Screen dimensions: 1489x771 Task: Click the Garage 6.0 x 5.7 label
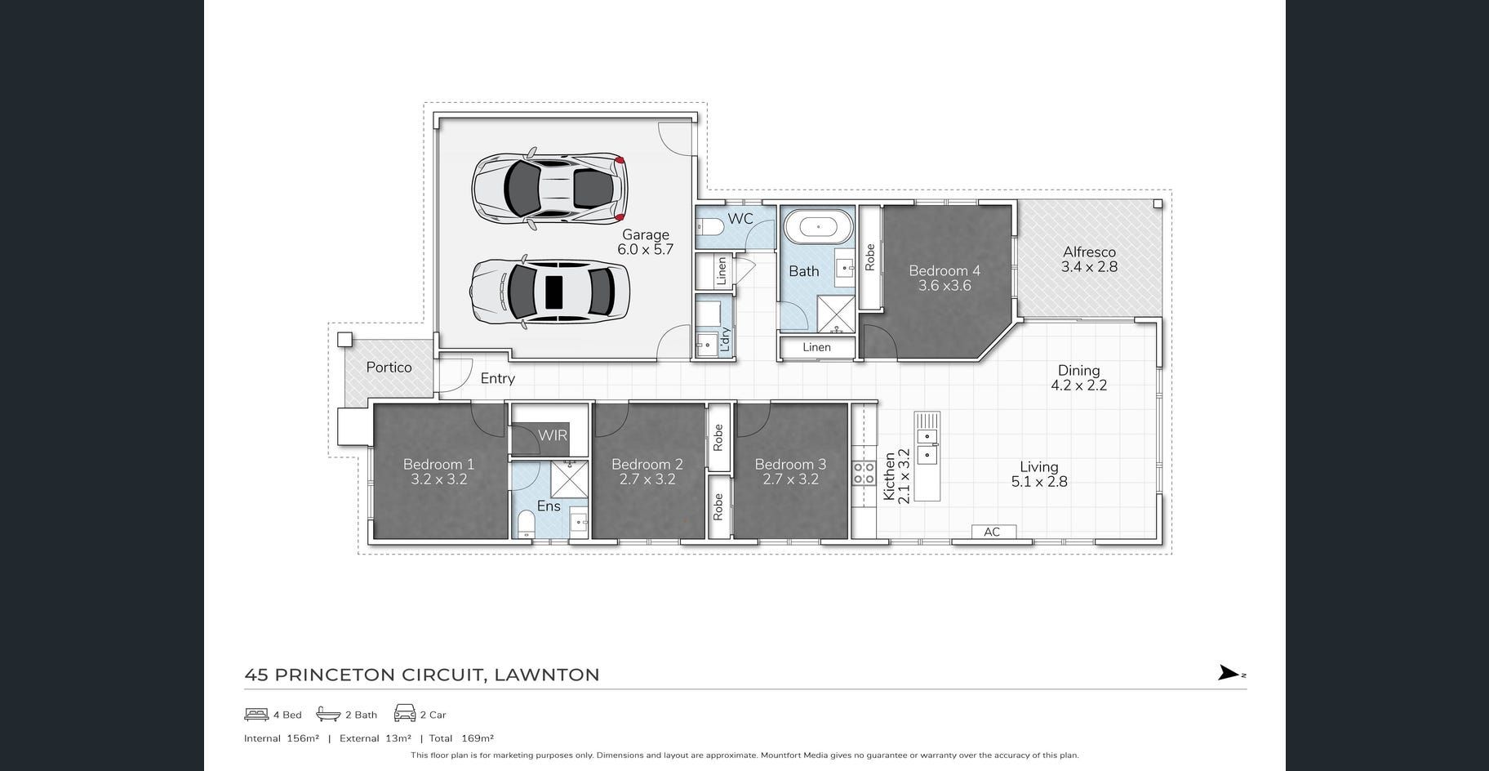645,243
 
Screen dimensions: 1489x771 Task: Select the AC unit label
992,532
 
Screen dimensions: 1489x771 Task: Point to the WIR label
553,435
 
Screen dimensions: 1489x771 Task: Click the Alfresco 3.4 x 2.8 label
1089,260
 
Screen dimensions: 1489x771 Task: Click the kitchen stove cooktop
864,473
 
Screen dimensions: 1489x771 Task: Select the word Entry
498,378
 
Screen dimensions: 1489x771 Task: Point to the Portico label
389,368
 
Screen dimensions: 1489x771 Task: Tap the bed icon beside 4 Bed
256,715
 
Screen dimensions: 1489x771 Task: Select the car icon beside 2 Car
405,713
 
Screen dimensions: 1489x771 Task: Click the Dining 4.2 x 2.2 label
1079,377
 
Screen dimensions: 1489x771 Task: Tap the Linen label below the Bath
816,347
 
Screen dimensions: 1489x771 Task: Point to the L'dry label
724,340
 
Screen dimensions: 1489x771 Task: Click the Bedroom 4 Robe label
869,257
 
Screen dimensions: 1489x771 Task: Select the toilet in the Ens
527,523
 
